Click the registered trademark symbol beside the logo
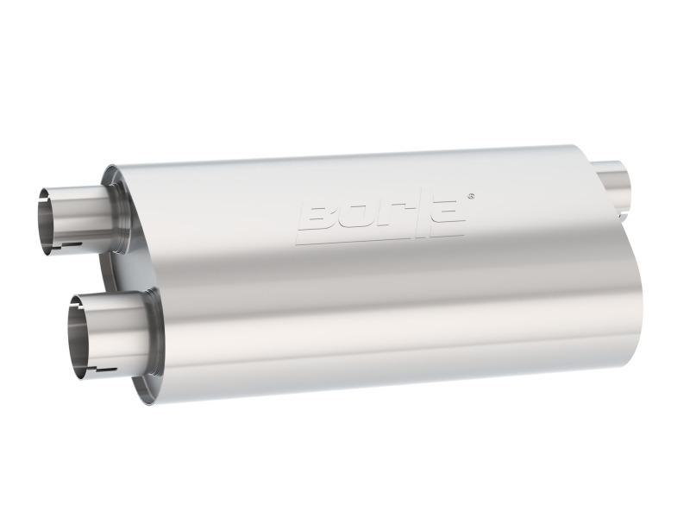point(470,196)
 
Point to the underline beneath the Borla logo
point(379,237)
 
